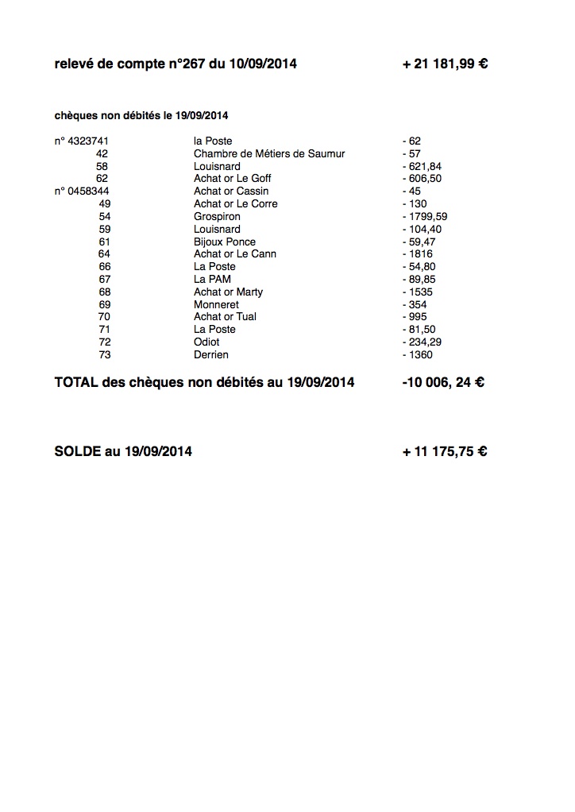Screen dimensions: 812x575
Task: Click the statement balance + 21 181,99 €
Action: tap(445, 64)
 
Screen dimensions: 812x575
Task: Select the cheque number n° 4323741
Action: tap(81, 141)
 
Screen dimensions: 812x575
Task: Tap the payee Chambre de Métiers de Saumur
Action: tap(269, 153)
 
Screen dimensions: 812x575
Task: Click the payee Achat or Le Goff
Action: tap(233, 179)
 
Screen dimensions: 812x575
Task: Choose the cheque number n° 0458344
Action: tap(82, 191)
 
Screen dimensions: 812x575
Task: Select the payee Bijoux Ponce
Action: tap(225, 242)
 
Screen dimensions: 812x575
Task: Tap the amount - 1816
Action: tap(418, 253)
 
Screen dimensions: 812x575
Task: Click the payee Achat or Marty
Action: tap(228, 292)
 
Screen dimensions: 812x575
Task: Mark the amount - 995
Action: tap(415, 316)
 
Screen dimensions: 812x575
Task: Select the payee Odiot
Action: tap(206, 342)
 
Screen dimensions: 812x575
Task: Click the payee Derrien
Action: tap(210, 354)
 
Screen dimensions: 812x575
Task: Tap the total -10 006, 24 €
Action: tap(443, 382)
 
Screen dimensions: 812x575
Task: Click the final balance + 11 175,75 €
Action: tap(445, 451)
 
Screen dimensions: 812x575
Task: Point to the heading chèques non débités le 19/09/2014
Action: tap(141, 115)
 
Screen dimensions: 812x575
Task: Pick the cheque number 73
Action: tap(105, 354)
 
